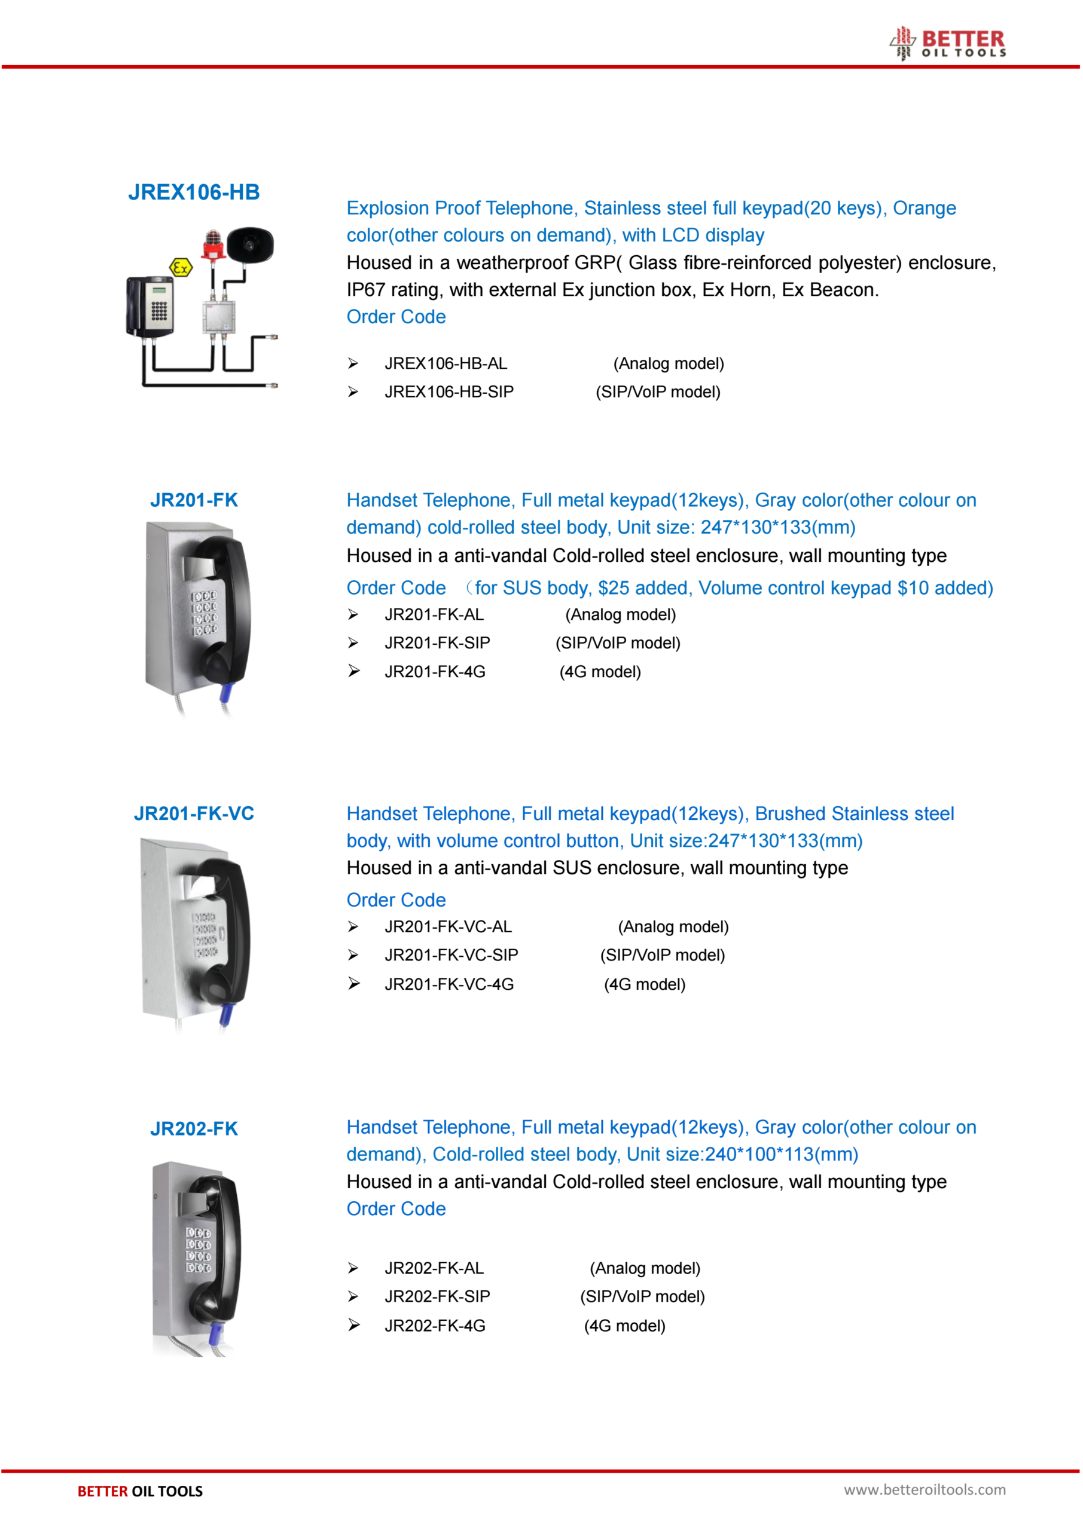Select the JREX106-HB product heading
[193, 192]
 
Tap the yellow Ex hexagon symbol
[180, 268]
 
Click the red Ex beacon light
[213, 244]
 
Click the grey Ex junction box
[219, 317]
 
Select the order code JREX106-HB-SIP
[449, 392]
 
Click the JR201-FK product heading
[193, 500]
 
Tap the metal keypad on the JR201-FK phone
[205, 612]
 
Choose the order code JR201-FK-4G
[435, 672]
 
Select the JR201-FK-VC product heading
[193, 813]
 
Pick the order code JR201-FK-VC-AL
[448, 927]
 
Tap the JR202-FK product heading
[193, 1129]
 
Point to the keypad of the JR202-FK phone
[198, 1250]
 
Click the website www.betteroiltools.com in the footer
[925, 1489]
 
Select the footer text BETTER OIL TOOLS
[140, 1491]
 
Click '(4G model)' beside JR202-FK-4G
[624, 1326]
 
